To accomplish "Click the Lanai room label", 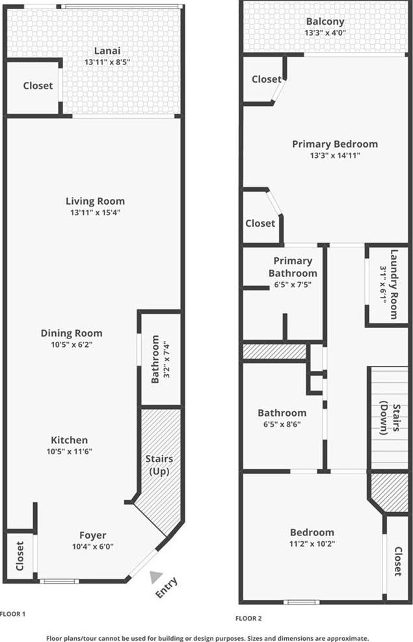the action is coord(107,51).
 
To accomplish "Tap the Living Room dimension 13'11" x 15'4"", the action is coord(95,212).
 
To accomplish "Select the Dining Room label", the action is coord(72,333).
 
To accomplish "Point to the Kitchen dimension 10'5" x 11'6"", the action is coord(69,452).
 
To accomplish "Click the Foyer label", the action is coord(92,535).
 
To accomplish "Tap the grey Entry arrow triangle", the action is coord(155,577).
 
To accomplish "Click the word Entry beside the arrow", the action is coord(167,587).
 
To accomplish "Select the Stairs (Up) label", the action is coord(159,465).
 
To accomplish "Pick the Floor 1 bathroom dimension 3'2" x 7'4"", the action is coord(166,359).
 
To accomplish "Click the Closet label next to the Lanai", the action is coord(38,86).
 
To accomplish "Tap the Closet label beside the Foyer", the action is coord(20,556).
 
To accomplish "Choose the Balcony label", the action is coord(325,21).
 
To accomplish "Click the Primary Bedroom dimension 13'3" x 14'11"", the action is coord(335,155).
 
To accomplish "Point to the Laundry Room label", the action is coord(393,284).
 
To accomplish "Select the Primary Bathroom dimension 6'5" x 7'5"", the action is coord(293,285).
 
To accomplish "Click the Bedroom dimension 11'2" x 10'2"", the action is coord(312,544).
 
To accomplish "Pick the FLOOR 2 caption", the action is coord(248,619).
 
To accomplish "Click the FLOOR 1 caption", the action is coord(13,614).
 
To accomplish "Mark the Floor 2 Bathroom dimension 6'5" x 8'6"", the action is coord(282,424).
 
